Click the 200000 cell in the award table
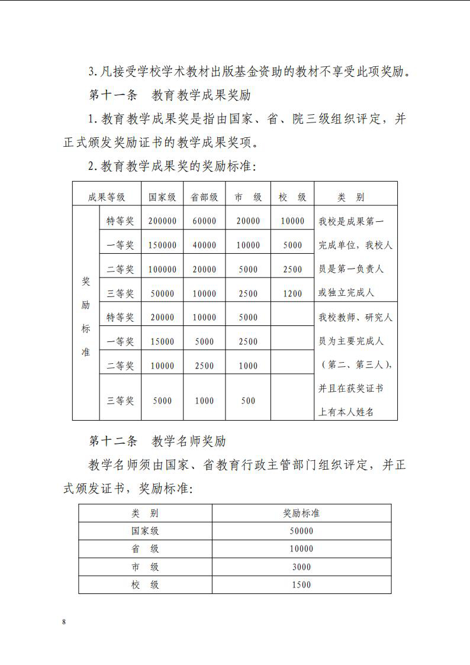tap(162, 221)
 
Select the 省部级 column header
tap(204, 197)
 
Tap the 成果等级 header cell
tap(107, 197)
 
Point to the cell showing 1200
tap(292, 293)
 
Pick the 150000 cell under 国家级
tap(162, 245)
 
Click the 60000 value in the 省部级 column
tap(204, 221)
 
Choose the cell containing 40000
tap(204, 245)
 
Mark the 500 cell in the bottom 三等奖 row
tap(248, 401)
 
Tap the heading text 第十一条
tap(112, 95)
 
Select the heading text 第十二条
tap(112, 441)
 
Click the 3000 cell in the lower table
tap(301, 567)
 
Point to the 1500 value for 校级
tap(301, 585)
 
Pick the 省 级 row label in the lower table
tap(145, 549)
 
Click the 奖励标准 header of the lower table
tap(301, 513)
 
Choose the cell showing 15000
tap(162, 341)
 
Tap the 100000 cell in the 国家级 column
tap(162, 269)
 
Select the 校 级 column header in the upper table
tap(292, 197)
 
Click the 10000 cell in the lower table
tap(301, 549)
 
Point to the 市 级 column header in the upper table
tap(248, 197)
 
